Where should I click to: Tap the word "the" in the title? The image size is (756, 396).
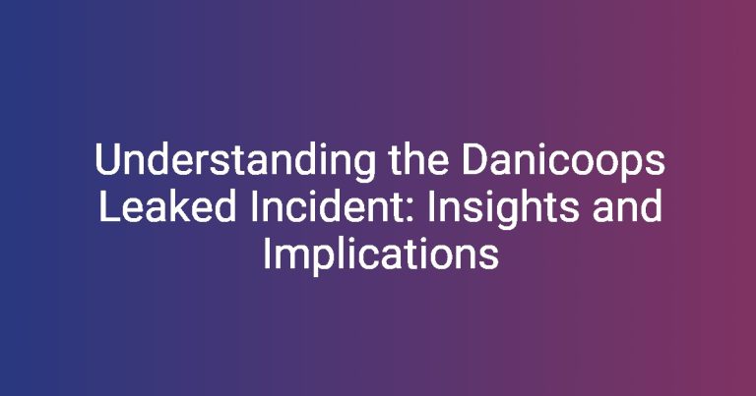click(x=418, y=159)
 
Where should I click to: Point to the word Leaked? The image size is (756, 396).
click(x=167, y=205)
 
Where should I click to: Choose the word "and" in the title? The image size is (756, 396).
click(x=627, y=205)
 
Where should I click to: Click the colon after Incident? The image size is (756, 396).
click(x=410, y=210)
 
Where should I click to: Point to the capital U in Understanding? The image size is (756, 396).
click(x=108, y=159)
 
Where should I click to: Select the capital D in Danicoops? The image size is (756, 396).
click(x=476, y=159)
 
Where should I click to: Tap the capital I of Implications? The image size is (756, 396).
click(x=267, y=254)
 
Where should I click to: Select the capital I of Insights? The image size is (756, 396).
click(x=431, y=206)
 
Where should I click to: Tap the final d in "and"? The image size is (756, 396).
click(x=651, y=205)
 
